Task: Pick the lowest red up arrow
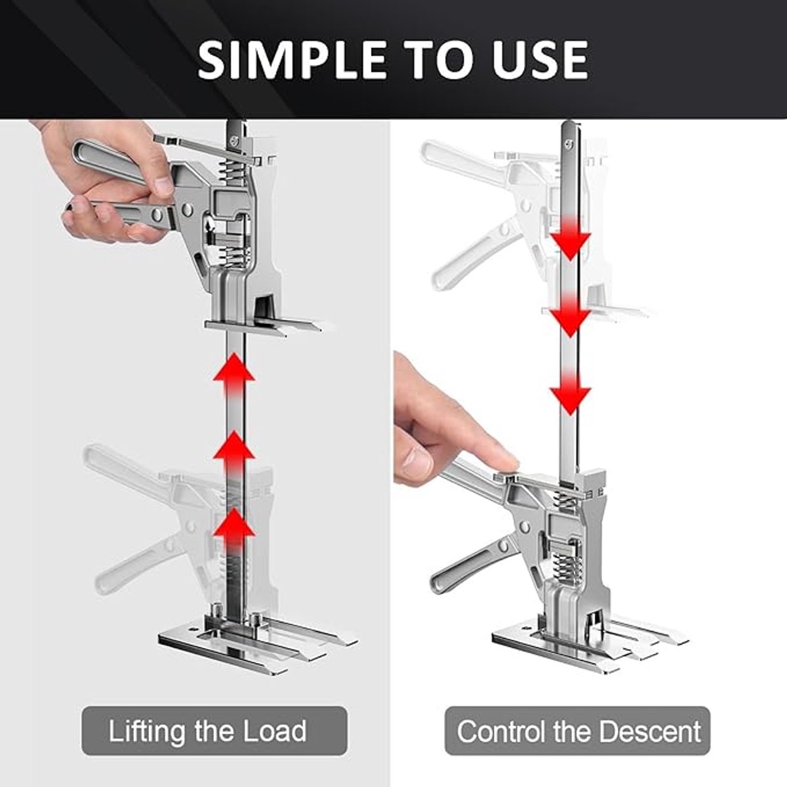[234, 533]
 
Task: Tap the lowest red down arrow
[570, 394]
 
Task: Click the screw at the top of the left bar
[233, 141]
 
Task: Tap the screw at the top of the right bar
[569, 143]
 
